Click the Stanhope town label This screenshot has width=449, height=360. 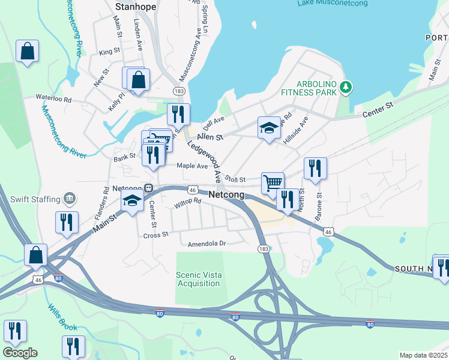pyautogui.click(x=135, y=7)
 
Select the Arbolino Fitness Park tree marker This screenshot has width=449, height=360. pyautogui.click(x=345, y=88)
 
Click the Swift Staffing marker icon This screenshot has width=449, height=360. pyautogui.click(x=70, y=199)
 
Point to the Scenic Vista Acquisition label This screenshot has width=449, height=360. pyautogui.click(x=199, y=279)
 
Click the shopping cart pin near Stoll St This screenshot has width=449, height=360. pyautogui.click(x=273, y=182)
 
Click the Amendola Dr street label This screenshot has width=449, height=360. pyautogui.click(x=206, y=244)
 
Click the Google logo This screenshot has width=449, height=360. pyautogui.click(x=20, y=353)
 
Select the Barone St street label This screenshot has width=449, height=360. pyautogui.click(x=319, y=203)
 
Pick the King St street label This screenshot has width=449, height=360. pyautogui.click(x=110, y=52)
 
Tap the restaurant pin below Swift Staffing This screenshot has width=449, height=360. pyautogui.click(x=67, y=222)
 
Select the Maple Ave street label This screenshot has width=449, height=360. pyautogui.click(x=192, y=166)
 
